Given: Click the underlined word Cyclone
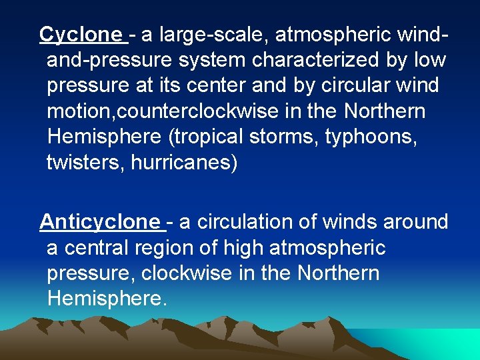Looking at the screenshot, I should pyautogui.click(x=81, y=33).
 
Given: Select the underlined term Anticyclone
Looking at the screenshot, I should pyautogui.click(x=100, y=221).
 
